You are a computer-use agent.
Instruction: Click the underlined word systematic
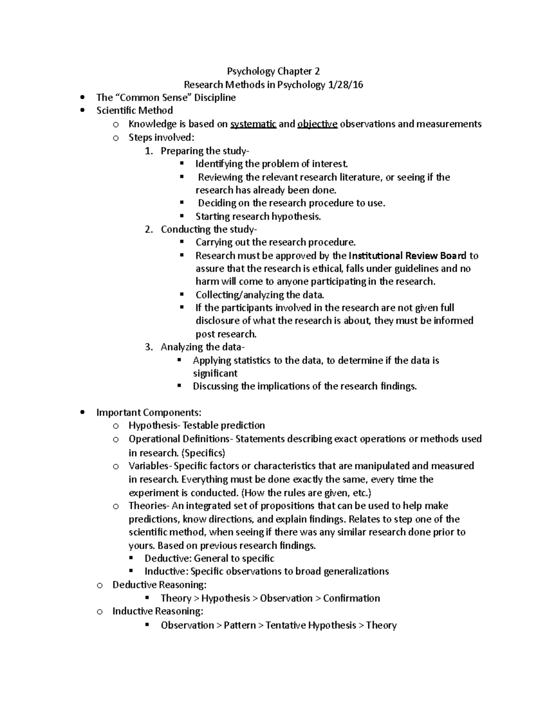(253, 124)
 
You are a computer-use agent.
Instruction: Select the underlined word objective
(317, 124)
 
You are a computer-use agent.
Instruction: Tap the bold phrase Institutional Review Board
(408, 256)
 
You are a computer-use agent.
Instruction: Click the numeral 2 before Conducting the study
(148, 229)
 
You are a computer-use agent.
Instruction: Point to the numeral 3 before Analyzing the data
(148, 347)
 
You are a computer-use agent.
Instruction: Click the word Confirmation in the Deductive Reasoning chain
(351, 599)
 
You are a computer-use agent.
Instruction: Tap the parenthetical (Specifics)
(203, 453)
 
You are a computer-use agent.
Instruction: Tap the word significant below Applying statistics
(215, 374)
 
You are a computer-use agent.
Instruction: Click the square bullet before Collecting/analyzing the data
(182, 294)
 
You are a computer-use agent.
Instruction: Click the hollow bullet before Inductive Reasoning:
(99, 612)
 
